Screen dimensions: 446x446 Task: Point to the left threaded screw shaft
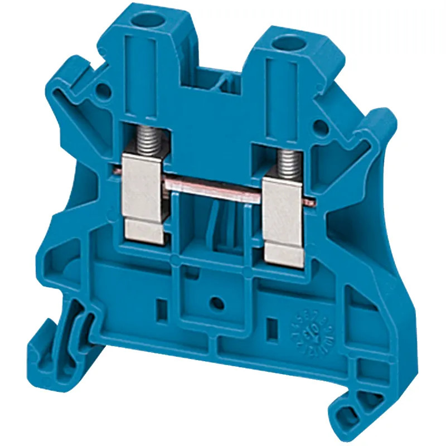click(x=147, y=139)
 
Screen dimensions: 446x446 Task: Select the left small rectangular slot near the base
click(x=162, y=306)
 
